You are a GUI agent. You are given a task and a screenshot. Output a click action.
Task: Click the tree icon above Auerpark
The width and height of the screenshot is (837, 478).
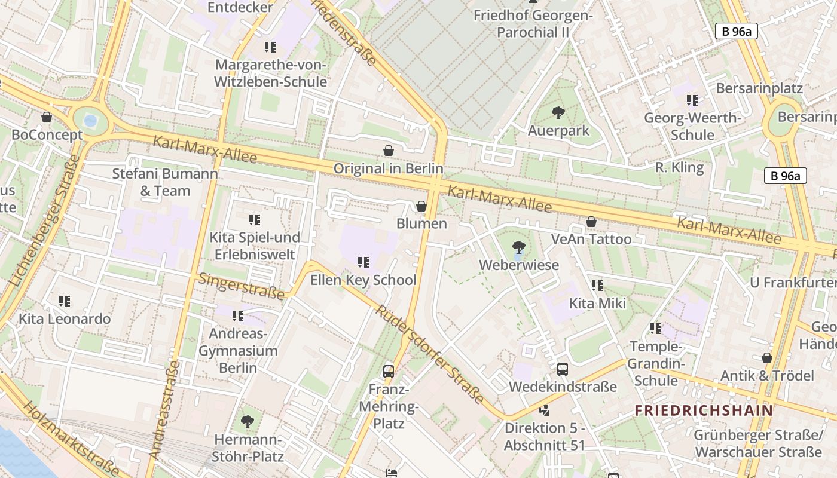(558, 112)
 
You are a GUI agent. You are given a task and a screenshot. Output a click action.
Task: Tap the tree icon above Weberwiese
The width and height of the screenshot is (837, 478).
(518, 247)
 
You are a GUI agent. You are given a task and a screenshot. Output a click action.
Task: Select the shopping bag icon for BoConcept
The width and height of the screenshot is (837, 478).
(47, 117)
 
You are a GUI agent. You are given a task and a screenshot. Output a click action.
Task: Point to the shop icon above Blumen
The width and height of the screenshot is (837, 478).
(421, 206)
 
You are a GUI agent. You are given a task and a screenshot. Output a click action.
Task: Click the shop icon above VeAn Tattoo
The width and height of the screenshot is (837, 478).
(591, 222)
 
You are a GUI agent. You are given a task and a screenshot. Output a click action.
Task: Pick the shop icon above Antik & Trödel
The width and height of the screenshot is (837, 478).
(767, 358)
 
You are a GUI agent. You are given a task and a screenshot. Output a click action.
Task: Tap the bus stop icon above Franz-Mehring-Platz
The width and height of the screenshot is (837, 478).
(389, 371)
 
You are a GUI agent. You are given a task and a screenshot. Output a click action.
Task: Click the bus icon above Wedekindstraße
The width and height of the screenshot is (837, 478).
(563, 369)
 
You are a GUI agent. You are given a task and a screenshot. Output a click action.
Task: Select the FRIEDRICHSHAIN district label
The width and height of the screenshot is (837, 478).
(704, 410)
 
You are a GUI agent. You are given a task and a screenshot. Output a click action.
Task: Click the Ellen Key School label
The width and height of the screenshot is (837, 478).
(363, 280)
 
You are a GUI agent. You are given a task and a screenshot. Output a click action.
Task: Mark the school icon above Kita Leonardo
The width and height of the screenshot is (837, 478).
(65, 301)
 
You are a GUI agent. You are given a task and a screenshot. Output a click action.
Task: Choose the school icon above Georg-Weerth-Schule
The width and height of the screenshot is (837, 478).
(692, 100)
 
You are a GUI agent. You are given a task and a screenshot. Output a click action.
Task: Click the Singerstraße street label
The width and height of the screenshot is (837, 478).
(242, 286)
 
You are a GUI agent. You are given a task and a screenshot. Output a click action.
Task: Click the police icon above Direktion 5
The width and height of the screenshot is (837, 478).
(544, 410)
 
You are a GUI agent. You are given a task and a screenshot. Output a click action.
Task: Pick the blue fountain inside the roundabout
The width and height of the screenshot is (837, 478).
(90, 121)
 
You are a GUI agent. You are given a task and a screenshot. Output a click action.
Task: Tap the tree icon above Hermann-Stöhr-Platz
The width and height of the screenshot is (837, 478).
(248, 422)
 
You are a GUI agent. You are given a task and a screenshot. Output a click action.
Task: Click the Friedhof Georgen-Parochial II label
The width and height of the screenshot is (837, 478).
(533, 23)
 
